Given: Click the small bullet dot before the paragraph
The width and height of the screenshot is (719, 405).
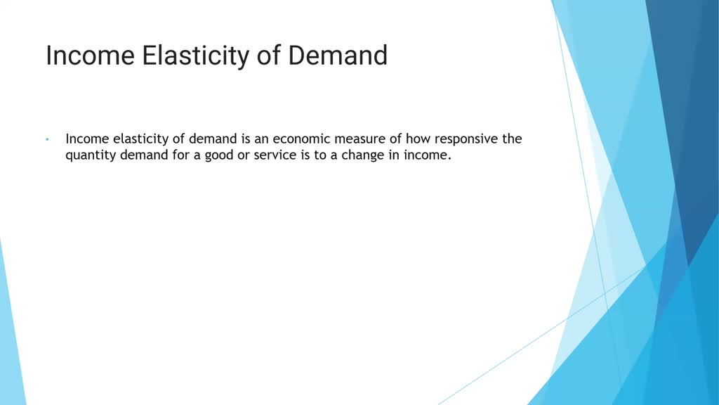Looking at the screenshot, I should (46, 139).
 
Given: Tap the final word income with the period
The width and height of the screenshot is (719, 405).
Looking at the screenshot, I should (424, 155).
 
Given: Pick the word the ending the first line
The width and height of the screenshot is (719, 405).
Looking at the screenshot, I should (511, 139).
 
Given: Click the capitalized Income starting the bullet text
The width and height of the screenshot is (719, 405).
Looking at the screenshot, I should (87, 139).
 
